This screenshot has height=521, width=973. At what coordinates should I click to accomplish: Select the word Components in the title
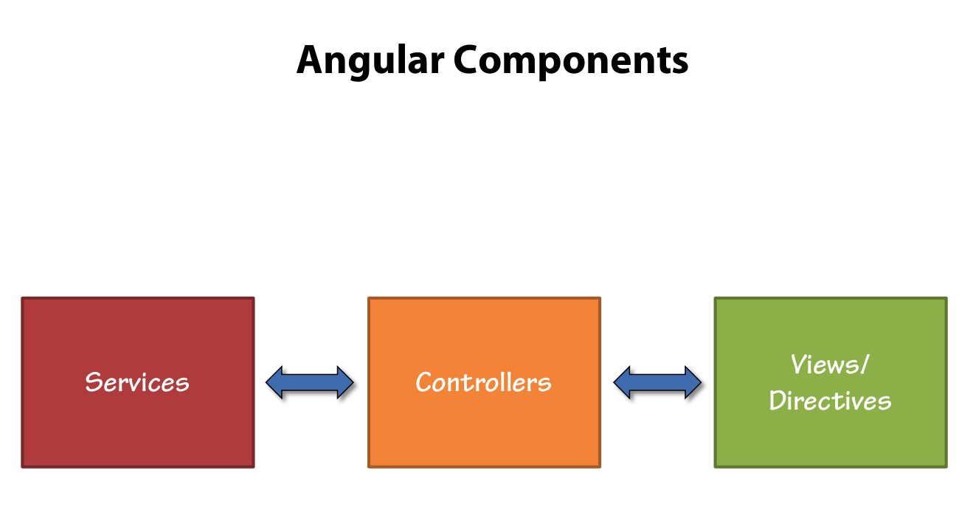[571, 61]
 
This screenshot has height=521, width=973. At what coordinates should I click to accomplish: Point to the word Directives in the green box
[830, 401]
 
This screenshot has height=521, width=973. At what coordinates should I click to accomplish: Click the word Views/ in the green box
[830, 364]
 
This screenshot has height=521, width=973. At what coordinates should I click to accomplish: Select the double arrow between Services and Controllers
[310, 382]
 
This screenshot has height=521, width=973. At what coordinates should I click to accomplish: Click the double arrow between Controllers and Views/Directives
[657, 382]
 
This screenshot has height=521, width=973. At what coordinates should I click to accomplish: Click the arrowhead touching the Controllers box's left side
[345, 382]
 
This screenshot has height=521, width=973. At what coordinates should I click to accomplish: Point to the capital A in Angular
[310, 61]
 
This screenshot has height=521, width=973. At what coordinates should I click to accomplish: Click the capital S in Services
[92, 382]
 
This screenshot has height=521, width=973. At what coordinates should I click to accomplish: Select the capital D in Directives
[778, 401]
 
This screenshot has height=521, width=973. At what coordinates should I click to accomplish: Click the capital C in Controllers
[424, 382]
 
